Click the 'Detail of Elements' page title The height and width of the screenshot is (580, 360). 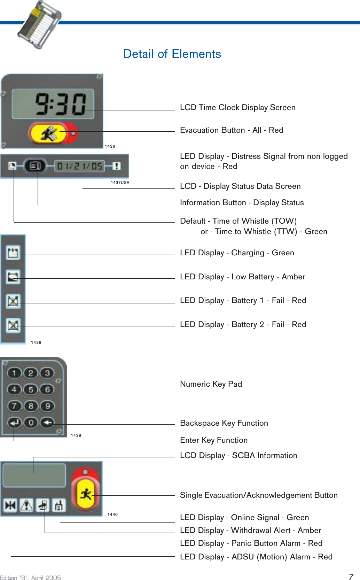point(172,54)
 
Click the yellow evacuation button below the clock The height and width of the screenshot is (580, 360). point(49,133)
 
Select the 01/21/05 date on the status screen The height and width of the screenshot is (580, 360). point(80,166)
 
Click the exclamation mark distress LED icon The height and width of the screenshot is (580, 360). point(117,166)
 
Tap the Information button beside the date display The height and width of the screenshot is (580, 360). point(35,166)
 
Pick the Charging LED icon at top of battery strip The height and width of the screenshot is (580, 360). point(13,253)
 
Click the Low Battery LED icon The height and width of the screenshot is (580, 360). point(13,277)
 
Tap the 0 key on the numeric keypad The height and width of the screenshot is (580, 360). point(31,423)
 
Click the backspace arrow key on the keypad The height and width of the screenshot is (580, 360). point(47,423)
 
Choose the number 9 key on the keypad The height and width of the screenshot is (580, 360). point(47,406)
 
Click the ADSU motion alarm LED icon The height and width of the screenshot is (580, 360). point(10,505)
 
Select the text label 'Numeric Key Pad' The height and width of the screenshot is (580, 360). point(211,384)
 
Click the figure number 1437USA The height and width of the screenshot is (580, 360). point(120,183)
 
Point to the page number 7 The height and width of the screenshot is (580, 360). point(351,577)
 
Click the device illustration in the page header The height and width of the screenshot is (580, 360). point(39,24)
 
